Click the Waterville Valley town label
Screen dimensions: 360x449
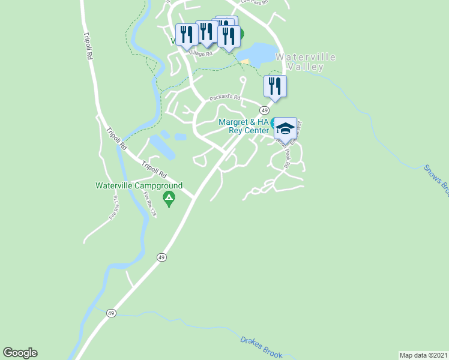(305, 62)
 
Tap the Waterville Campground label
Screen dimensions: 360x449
(139, 185)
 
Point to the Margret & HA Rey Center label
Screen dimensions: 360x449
(243, 126)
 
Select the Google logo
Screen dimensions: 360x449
(20, 353)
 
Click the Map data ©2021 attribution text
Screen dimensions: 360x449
(423, 355)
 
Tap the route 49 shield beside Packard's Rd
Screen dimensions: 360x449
(264, 110)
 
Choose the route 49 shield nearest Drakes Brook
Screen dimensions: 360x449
(111, 313)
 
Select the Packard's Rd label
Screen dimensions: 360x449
(224, 97)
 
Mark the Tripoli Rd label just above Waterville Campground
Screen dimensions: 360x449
(154, 169)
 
